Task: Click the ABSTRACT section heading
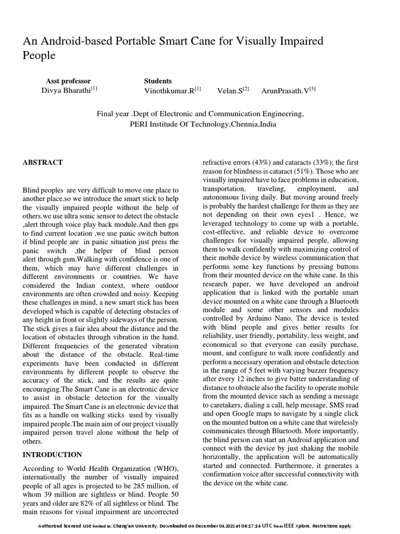pos(43,163)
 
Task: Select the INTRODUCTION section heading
pos(52,455)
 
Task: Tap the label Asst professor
pos(68,81)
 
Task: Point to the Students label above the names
pos(158,81)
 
